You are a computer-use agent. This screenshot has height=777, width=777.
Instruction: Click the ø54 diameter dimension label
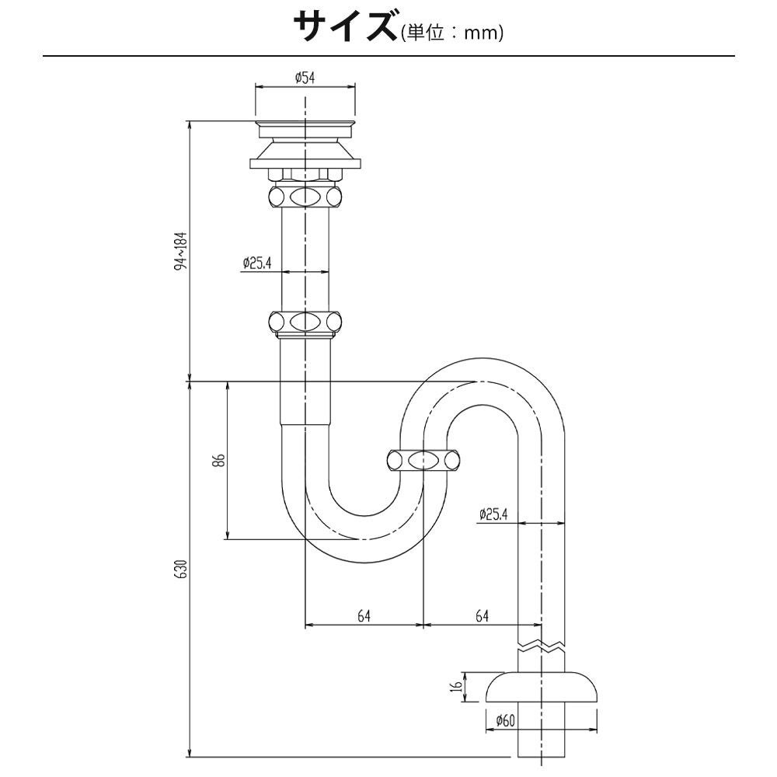305,78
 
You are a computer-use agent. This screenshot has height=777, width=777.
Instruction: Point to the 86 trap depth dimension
221,460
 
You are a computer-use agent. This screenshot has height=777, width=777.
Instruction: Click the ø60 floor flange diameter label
506,720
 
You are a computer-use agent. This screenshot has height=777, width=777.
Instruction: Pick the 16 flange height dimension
458,686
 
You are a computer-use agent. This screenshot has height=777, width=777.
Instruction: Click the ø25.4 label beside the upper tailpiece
257,263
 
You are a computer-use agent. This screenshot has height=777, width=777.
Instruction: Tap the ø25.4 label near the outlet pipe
493,514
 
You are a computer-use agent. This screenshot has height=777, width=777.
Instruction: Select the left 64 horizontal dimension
364,616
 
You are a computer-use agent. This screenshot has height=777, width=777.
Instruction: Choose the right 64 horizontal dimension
483,616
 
